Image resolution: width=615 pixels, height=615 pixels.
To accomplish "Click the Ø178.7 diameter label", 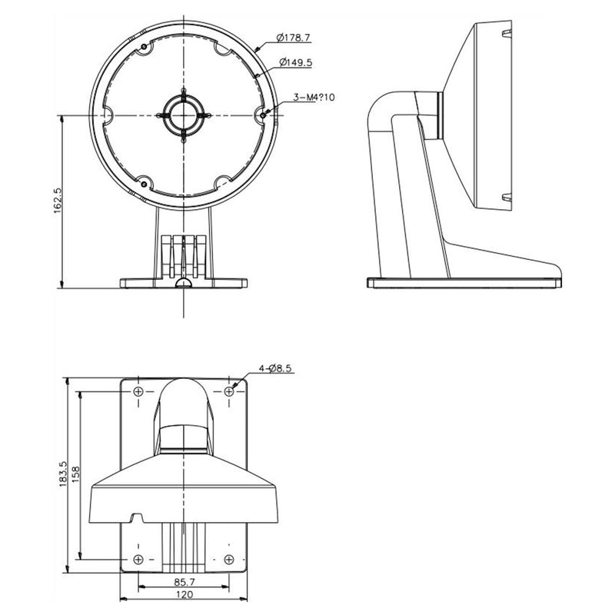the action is click(x=293, y=38).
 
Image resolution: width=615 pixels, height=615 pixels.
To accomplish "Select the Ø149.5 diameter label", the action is click(x=296, y=62).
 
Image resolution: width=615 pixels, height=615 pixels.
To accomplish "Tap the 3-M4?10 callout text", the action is click(x=314, y=97).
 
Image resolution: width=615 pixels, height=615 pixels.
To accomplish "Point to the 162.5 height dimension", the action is click(x=58, y=200).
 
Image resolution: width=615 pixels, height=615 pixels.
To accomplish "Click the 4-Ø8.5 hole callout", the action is click(x=275, y=368).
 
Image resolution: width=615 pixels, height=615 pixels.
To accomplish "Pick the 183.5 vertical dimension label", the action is click(x=64, y=474).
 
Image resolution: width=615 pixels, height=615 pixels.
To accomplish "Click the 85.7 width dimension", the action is click(x=184, y=582).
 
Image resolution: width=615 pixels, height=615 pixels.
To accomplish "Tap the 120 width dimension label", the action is click(x=184, y=594).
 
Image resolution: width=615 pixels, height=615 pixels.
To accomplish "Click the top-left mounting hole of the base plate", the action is click(x=138, y=391).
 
